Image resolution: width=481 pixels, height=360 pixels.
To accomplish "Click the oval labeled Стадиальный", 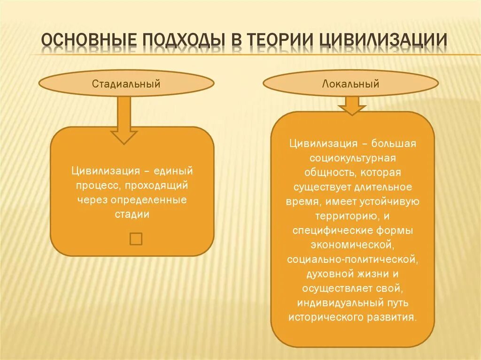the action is [126, 84].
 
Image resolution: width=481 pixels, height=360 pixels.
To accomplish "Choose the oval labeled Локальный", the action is [350, 84].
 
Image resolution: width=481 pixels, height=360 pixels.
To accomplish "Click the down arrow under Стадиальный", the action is [124, 120].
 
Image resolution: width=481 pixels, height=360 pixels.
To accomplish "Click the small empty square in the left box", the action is [136, 238].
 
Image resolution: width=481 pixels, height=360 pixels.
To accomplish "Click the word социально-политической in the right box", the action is [352, 259].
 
